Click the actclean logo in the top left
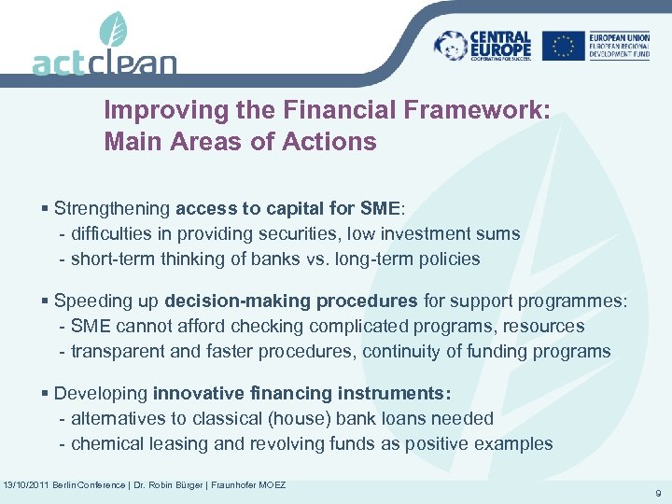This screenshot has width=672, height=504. coord(104,61)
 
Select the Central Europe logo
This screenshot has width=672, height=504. coord(483,46)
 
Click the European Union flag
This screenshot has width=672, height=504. coord(563,46)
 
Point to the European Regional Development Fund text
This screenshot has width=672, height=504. coord(624,46)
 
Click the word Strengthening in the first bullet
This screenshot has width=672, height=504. coord(112,209)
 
